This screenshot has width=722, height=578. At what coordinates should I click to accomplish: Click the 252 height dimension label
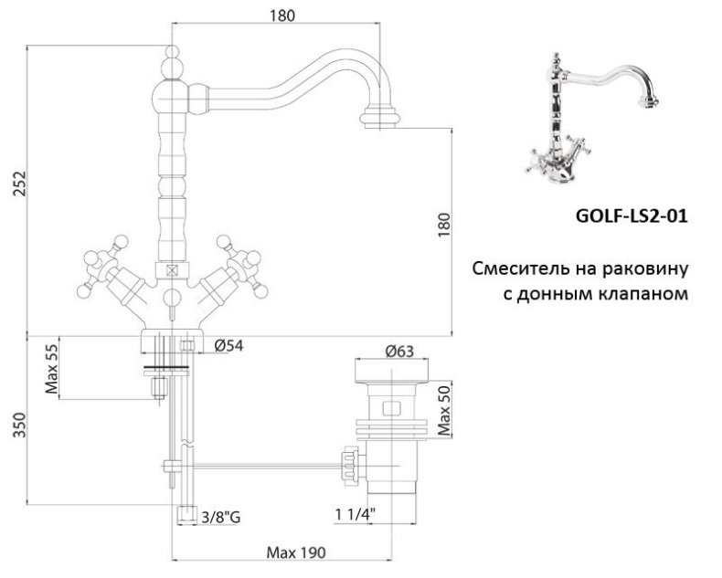tap(16, 184)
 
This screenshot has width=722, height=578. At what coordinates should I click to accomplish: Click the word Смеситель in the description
tap(517, 270)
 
